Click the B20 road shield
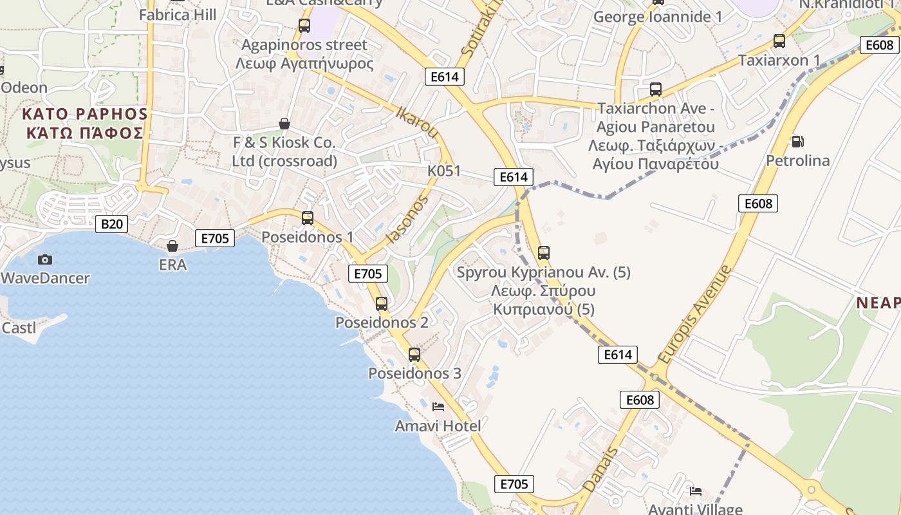pos(112,224)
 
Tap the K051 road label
pos(444,171)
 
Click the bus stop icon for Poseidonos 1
pos(308,218)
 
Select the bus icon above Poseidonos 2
pos(382,304)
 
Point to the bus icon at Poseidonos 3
pos(414,355)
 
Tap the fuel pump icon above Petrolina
pos(797,142)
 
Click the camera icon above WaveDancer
pos(45,259)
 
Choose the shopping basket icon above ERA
pos(172,246)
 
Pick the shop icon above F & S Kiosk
pos(284,123)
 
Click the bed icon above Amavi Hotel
pos(438,407)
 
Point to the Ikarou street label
pos(418,122)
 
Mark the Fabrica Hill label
pos(178,14)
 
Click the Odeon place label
pos(24,88)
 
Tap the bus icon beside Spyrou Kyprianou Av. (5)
pos(544,253)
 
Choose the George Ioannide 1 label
pos(658,17)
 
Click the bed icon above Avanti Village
pos(696,491)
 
